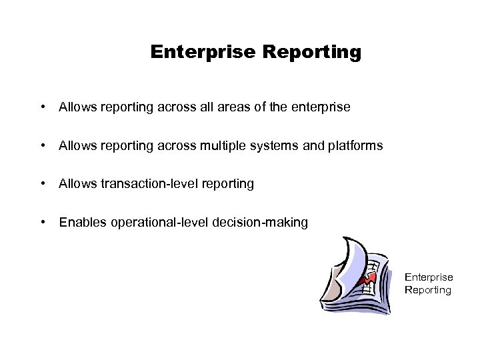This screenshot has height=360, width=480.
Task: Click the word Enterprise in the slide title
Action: pos(193,52)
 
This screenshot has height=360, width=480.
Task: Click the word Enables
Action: pos(79,222)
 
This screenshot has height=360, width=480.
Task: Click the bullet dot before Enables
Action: pos(43,222)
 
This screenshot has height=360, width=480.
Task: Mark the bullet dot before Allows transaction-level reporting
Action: pos(43,183)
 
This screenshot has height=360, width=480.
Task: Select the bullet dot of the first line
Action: pos(43,107)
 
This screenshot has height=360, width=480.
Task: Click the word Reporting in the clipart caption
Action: pos(428,290)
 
